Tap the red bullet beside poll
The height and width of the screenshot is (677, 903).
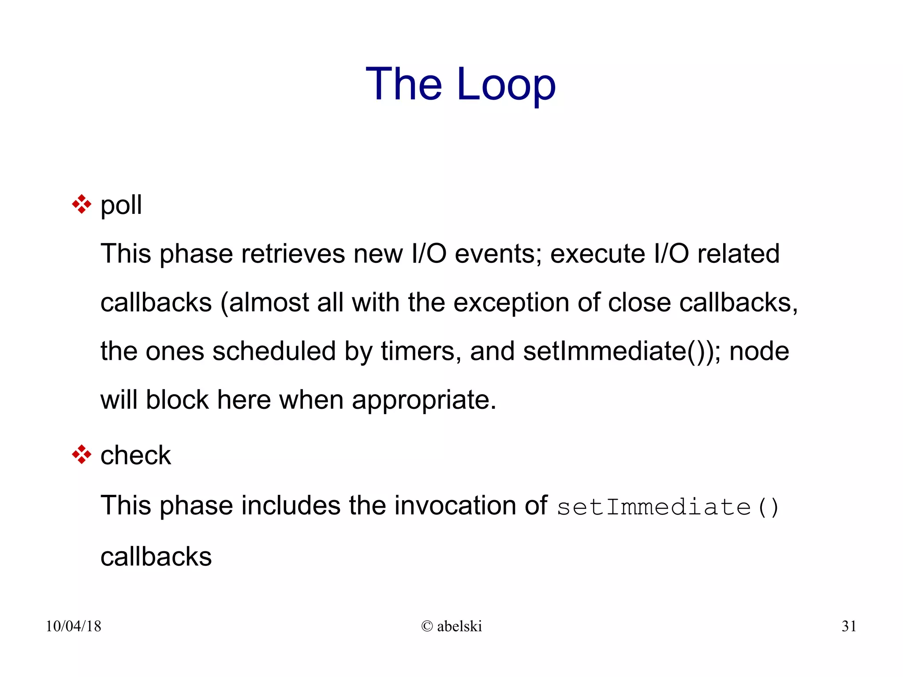[x=82, y=205]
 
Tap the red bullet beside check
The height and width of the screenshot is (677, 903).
[x=82, y=455]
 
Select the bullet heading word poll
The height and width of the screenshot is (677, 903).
[x=121, y=206]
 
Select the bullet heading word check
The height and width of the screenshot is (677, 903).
[x=135, y=455]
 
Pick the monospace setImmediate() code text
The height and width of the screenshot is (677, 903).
[x=668, y=507]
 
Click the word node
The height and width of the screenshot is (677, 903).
[x=759, y=352]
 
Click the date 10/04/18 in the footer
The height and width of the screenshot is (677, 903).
[x=74, y=626]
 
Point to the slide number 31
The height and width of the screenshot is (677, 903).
[x=849, y=626]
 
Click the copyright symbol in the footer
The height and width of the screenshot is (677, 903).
[x=427, y=626]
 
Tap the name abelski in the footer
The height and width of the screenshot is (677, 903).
[x=459, y=626]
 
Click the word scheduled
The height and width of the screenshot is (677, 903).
[x=274, y=352]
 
